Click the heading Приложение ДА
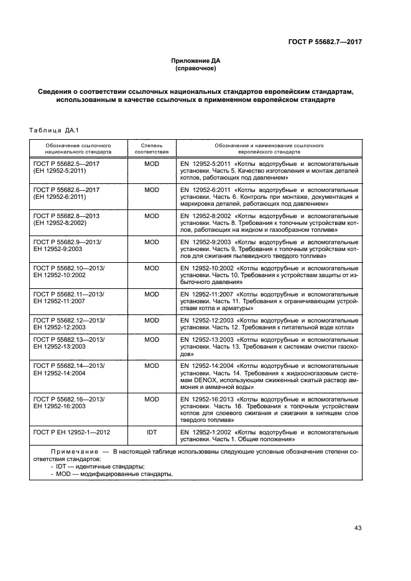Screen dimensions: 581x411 click(196, 60)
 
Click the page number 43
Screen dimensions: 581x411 click(358, 528)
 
